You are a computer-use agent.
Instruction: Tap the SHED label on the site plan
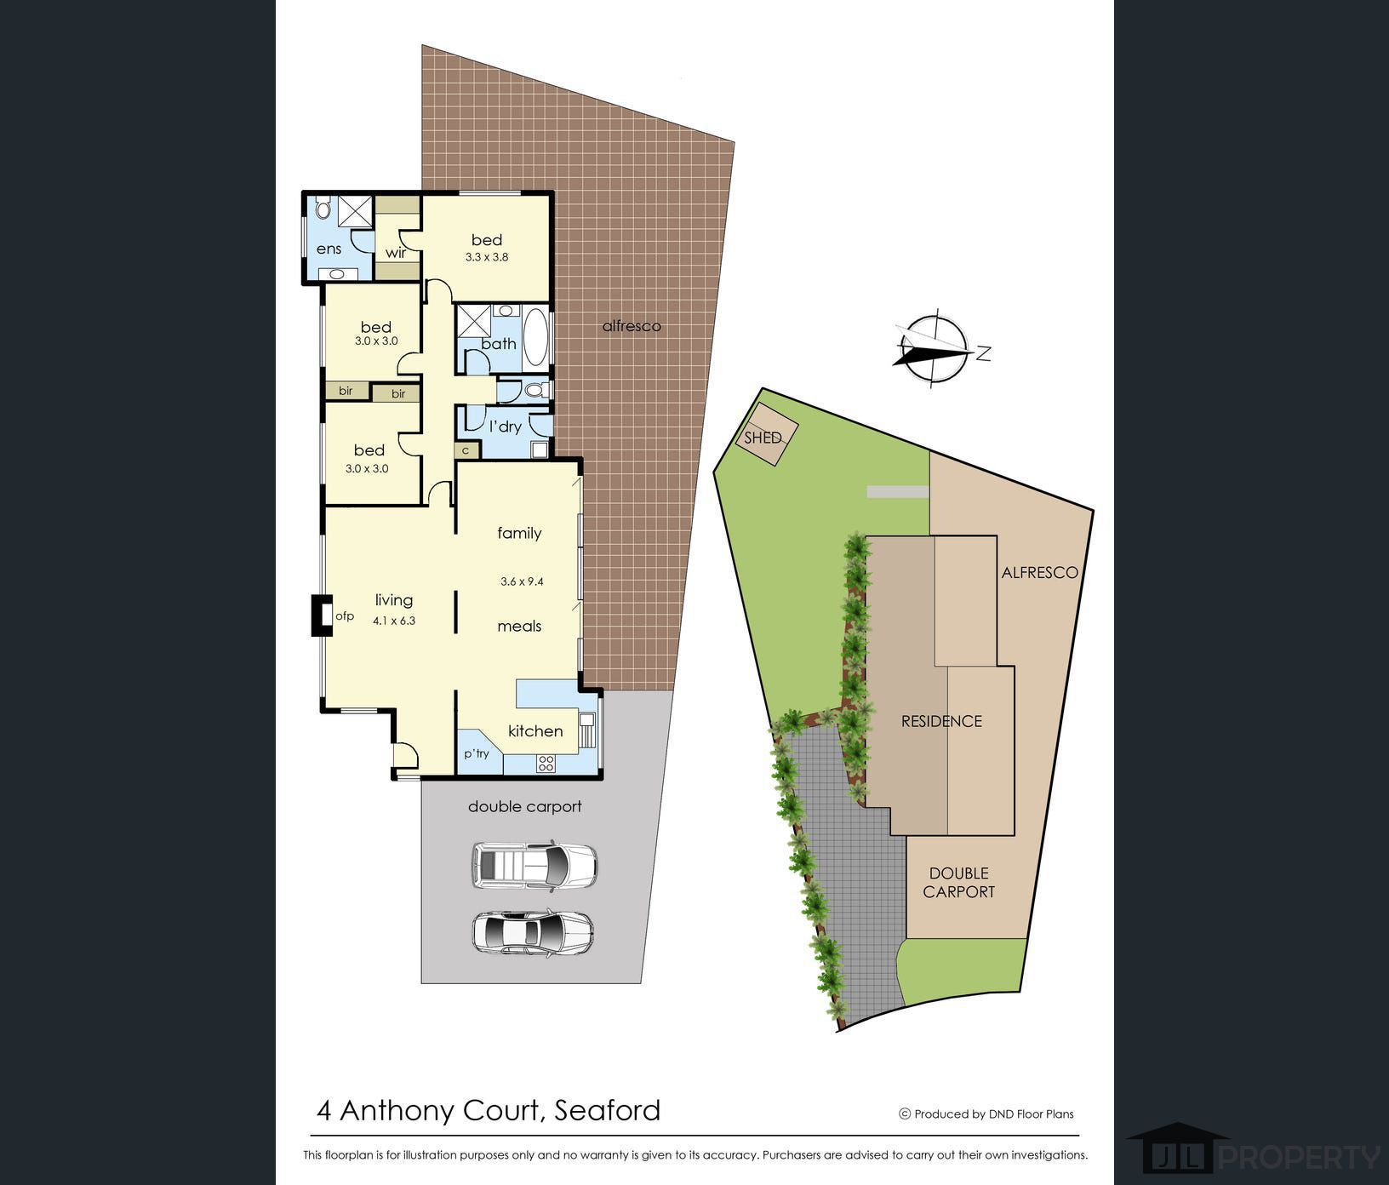point(763,438)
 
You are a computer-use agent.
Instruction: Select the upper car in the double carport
point(534,866)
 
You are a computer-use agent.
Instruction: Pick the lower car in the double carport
point(533,932)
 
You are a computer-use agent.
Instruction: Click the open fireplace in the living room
point(321,615)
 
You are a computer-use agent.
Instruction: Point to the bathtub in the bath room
point(536,336)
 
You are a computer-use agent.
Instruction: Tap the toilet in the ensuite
point(323,209)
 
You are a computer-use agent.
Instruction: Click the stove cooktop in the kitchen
point(546,764)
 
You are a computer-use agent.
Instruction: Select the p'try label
point(477,753)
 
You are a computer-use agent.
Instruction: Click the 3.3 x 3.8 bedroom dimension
point(487,256)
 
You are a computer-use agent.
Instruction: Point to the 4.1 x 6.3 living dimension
point(394,621)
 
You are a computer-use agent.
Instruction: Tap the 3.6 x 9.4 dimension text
point(522,581)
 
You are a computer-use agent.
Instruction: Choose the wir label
point(396,252)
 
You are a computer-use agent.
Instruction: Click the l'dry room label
point(505,426)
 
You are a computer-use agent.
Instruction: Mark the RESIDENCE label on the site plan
point(941,721)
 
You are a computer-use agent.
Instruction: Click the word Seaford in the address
point(607,1110)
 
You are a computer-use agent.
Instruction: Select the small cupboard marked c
point(466,450)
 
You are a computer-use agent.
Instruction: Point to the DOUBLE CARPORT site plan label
point(959,883)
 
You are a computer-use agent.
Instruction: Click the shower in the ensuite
point(355,211)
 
